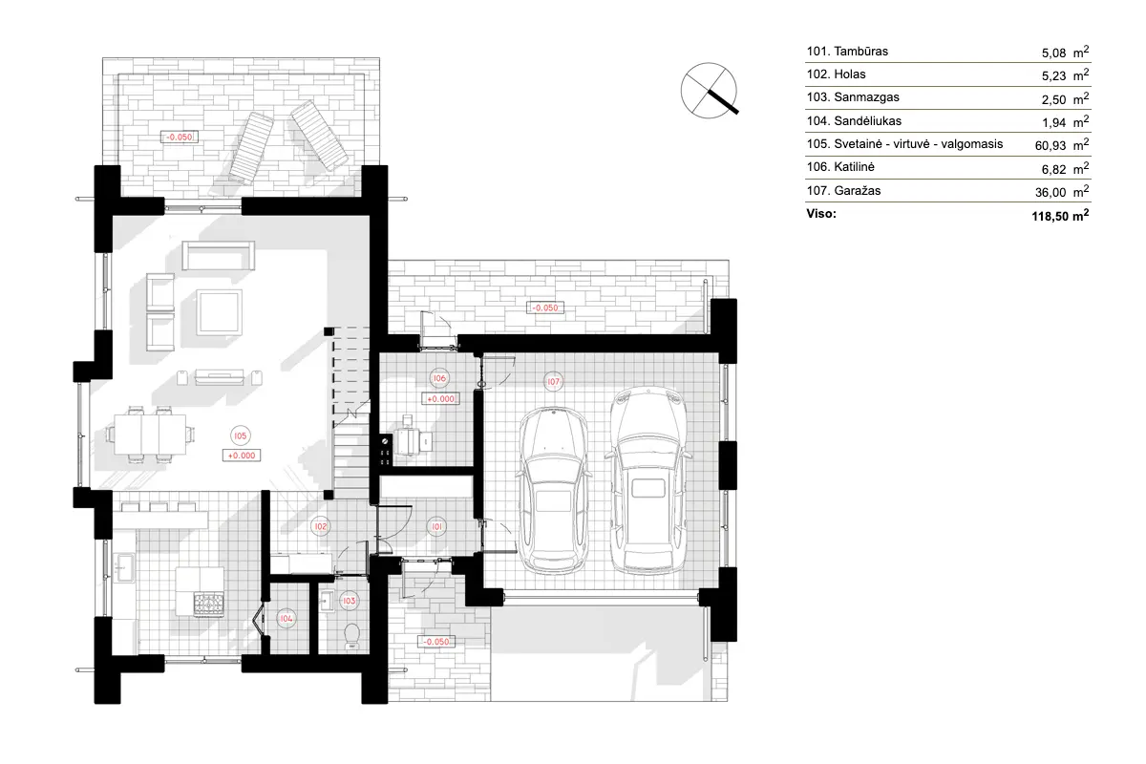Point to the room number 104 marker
click(x=286, y=619)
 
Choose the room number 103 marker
click(x=349, y=601)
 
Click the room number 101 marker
click(x=435, y=526)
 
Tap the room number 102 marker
click(x=321, y=526)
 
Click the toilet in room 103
click(x=350, y=634)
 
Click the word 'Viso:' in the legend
click(x=821, y=215)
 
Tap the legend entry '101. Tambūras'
click(x=848, y=52)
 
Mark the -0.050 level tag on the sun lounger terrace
click(x=180, y=137)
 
